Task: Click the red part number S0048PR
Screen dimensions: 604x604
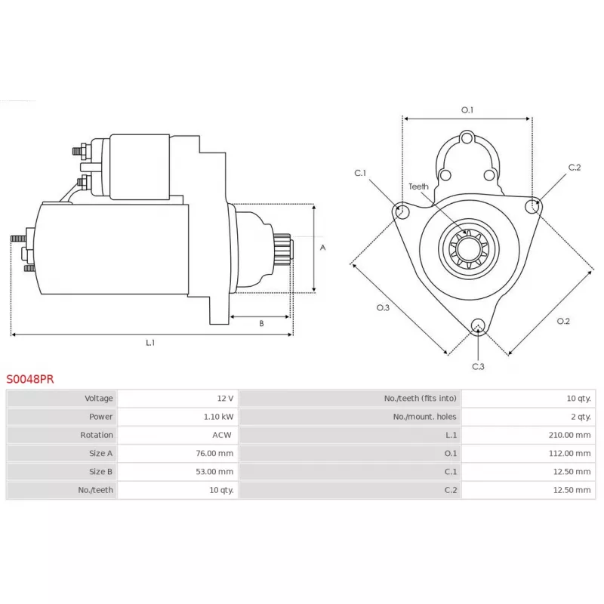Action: coord(30,379)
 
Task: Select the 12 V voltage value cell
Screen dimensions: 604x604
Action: coord(225,399)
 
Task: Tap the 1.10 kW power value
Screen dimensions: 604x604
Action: coord(218,417)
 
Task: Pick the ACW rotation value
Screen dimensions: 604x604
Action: coord(222,435)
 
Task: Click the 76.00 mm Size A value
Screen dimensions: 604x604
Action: coord(214,454)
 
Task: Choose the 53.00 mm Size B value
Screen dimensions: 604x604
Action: coord(214,471)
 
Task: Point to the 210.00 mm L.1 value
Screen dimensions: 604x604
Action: coord(569,435)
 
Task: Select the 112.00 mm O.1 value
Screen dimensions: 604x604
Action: coord(570,454)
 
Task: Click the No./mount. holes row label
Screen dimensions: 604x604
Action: coord(424,417)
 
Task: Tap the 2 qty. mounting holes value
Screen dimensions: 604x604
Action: coord(581,417)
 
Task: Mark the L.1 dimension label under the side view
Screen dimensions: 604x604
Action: coord(150,343)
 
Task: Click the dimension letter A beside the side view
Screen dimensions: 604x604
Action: coord(323,248)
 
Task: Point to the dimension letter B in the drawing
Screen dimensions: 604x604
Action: coord(261,324)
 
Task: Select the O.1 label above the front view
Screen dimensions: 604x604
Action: coord(467,110)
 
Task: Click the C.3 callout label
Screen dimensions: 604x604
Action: coord(478,366)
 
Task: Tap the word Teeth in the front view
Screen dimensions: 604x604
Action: coord(418,186)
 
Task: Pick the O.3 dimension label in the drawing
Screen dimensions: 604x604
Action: coord(383,307)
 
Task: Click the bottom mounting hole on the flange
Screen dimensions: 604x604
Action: coord(478,325)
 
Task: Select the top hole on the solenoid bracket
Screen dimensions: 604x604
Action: coord(467,138)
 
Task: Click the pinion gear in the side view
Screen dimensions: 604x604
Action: coord(282,249)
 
